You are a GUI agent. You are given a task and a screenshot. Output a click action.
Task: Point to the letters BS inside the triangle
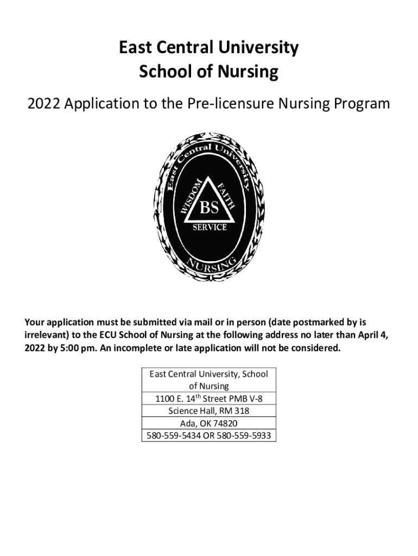(209, 207)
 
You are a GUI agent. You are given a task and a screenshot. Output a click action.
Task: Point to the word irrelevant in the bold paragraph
(47, 334)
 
